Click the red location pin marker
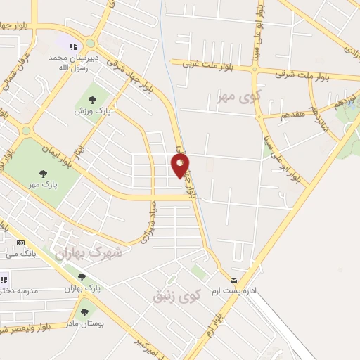point(180,166)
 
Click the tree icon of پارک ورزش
point(92,99)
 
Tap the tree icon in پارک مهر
point(43,174)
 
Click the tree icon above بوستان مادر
point(85,312)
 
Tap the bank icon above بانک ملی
point(20,242)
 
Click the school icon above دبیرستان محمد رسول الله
point(73,46)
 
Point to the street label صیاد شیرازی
point(151,222)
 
